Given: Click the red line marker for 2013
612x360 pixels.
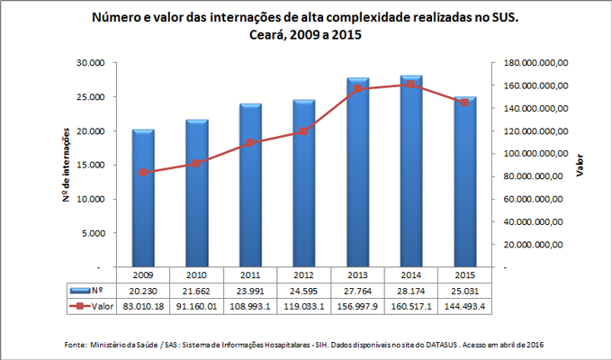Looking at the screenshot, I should pos(356,89).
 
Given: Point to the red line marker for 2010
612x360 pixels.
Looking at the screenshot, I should pos(196,163).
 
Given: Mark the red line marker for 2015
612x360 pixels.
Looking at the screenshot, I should pos(463,103).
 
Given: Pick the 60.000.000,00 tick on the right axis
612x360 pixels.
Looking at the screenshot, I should pos(535,199).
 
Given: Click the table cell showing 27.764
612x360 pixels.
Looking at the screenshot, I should pos(356,291).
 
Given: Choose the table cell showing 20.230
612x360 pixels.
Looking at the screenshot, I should pos(143,291).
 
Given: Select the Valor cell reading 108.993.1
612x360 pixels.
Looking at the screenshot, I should pos(250,307).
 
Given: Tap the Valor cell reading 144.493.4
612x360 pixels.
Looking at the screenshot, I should pos(463,307).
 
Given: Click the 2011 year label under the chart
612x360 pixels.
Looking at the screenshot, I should pos(250,274).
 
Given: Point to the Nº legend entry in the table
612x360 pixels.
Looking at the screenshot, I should pos(90,291).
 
